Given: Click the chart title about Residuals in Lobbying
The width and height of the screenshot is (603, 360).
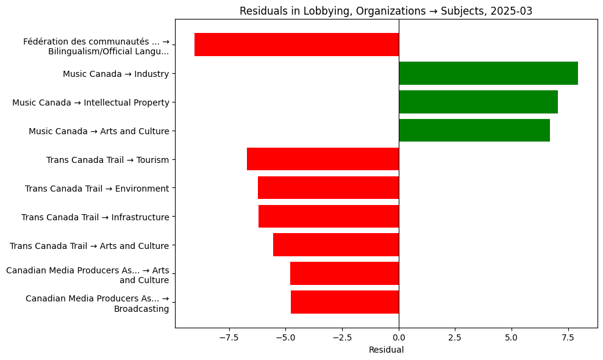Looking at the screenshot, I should pos(386,11).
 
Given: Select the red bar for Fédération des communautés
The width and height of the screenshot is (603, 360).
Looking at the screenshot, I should pos(296,45).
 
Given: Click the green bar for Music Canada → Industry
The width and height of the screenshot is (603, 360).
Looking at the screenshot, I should pos(488,73).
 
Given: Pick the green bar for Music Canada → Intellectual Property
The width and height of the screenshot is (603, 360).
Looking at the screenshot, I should pos(478,102).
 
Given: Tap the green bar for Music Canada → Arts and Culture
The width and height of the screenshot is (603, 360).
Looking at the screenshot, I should pos(474,131).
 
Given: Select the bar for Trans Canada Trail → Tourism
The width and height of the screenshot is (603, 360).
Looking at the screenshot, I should pos(323,159).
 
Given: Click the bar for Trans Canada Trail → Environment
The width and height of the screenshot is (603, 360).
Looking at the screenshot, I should pos(328,188).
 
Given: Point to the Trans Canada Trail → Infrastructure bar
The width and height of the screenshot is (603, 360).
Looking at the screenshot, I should pos(328,217).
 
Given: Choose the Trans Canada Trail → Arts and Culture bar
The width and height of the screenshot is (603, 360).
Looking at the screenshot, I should pos(335,245).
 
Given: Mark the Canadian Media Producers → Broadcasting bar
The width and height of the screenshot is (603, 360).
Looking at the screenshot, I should pos(344,302).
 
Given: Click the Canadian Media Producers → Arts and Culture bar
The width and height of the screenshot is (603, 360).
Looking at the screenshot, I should pos(344,273).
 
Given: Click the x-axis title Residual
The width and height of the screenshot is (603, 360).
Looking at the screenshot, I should pos(386,350).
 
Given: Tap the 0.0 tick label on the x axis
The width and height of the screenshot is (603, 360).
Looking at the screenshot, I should pos(399,337).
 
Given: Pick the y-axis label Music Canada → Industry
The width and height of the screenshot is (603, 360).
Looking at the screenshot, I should pos(116,74).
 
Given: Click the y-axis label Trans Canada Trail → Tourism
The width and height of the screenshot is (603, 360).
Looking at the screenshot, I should pos(107,160).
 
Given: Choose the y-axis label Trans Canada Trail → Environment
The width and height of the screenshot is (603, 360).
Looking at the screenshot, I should pos(97,189).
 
